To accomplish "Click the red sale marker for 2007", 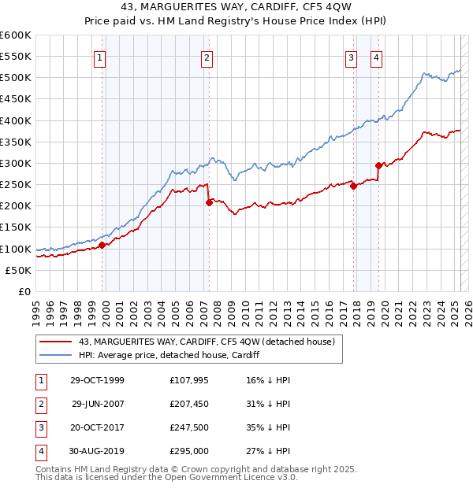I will (209, 202).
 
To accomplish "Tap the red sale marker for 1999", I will (102, 245).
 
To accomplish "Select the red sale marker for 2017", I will (353, 186).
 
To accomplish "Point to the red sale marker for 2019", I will (378, 165).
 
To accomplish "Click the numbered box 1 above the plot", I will (101, 57).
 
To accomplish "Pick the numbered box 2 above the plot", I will (207, 57).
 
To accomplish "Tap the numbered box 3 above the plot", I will (350, 57).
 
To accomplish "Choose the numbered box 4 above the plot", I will (377, 57).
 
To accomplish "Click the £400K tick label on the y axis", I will (16, 120).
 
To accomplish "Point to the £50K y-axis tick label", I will (19, 270).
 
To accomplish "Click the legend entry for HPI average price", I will (169, 355).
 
